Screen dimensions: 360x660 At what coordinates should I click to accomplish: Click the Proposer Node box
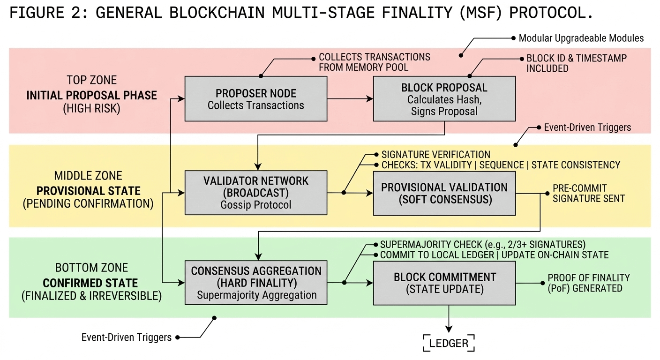(x=255, y=98)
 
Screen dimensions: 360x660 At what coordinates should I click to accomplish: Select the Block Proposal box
(x=444, y=99)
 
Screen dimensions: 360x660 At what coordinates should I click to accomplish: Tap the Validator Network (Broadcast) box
(x=255, y=192)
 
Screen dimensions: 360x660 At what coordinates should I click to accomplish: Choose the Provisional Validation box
(x=444, y=193)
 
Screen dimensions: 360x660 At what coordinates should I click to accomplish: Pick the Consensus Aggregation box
(x=256, y=283)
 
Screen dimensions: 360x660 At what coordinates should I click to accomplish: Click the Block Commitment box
(x=444, y=283)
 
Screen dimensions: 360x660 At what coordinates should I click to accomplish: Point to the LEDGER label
(x=449, y=343)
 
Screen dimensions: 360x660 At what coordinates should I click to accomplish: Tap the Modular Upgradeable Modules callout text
(x=581, y=38)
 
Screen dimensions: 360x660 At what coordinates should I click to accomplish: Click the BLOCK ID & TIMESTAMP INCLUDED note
(x=576, y=63)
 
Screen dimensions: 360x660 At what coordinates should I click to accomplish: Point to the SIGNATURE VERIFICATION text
(x=435, y=154)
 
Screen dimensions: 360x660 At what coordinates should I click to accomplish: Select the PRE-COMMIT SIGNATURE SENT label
(x=588, y=193)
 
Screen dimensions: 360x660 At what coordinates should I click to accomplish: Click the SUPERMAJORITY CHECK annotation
(x=483, y=245)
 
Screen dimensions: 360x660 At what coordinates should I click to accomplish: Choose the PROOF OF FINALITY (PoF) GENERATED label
(x=588, y=283)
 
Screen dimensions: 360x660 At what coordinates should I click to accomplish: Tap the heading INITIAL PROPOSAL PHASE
(x=91, y=95)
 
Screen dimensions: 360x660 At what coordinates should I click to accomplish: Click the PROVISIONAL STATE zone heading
(x=88, y=191)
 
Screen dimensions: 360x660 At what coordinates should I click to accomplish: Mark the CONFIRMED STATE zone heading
(x=90, y=283)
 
